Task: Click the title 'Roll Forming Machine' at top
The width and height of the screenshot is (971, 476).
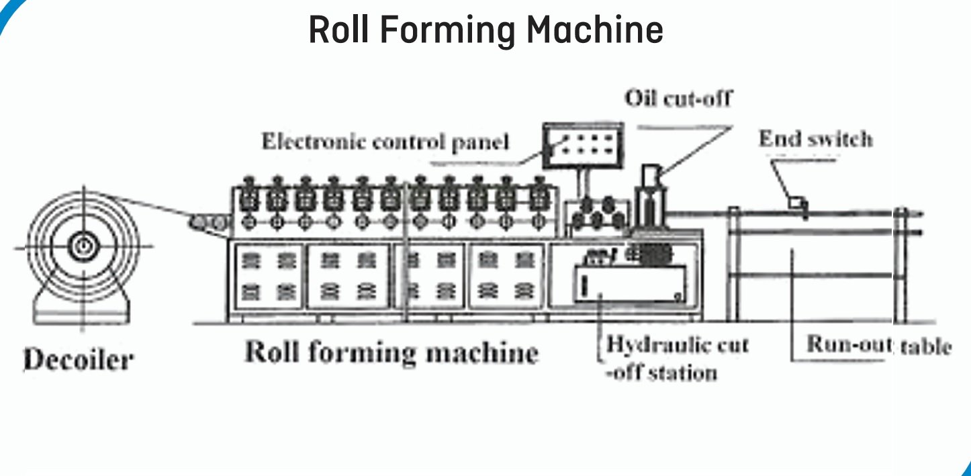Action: (x=485, y=30)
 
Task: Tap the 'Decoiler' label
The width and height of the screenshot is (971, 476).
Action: (x=78, y=359)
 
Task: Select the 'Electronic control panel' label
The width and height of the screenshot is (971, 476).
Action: (x=385, y=142)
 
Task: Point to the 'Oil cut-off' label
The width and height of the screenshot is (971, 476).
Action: (x=678, y=98)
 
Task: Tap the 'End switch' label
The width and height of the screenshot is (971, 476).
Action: (x=815, y=139)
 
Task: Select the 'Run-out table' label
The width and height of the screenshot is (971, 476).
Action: (x=878, y=345)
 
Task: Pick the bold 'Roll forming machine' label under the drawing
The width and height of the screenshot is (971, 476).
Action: (x=391, y=352)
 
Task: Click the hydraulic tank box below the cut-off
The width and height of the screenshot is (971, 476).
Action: (x=630, y=283)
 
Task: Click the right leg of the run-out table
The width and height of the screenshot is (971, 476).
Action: (x=900, y=269)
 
